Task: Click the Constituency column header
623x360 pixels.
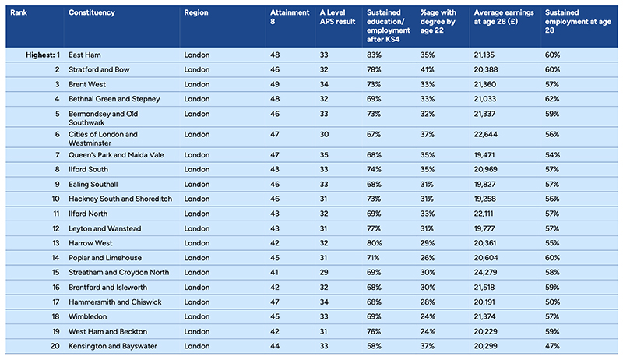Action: pos(92,12)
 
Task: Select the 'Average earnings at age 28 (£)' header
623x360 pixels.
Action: pos(504,17)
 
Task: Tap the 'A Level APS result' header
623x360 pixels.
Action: pos(337,17)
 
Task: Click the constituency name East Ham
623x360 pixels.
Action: pos(85,55)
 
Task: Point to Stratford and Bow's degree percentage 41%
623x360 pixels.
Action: pos(427,69)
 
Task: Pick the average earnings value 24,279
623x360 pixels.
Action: pos(485,272)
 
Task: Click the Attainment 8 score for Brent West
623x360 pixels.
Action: pos(275,84)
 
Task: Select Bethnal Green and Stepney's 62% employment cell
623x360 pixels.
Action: pos(552,99)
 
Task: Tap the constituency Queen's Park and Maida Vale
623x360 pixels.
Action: pos(116,155)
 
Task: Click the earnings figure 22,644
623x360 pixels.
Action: pos(485,134)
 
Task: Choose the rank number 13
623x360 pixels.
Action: pos(55,243)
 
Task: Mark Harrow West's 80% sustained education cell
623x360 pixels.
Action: pos(374,243)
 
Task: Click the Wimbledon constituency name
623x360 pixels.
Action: pos(87,316)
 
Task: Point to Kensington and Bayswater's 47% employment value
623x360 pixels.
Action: pos(552,346)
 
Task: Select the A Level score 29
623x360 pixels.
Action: pos(324,272)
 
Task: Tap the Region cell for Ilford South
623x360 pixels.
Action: pos(197,170)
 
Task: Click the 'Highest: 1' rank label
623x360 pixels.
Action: pos(43,55)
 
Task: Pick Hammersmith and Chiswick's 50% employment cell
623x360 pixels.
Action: pos(552,302)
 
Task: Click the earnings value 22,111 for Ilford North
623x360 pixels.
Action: pos(484,214)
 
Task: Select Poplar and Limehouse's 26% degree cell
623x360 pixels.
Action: pos(428,258)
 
